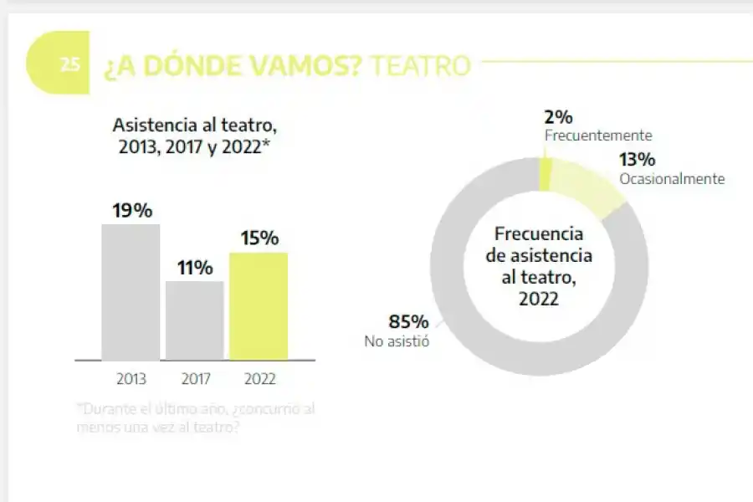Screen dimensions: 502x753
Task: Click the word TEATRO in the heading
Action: [420, 65]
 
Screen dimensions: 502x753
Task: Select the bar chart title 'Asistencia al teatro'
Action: [194, 125]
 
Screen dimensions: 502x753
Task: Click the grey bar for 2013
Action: [131, 292]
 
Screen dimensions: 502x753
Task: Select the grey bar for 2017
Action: [195, 320]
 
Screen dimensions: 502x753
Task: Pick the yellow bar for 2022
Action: [259, 306]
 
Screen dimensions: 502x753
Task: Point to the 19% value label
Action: [132, 211]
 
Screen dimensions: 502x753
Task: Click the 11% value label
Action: [195, 268]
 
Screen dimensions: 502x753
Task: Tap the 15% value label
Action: [259, 238]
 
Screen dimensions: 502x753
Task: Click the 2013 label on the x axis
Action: [131, 379]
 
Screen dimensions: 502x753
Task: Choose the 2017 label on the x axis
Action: [195, 379]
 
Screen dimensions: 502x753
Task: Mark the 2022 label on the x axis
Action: [259, 379]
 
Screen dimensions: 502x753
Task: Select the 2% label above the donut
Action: [558, 118]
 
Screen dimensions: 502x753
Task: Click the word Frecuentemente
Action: [597, 136]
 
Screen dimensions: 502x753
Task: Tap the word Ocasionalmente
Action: [671, 179]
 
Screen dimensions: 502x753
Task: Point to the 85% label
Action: [408, 322]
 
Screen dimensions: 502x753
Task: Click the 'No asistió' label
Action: [397, 341]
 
